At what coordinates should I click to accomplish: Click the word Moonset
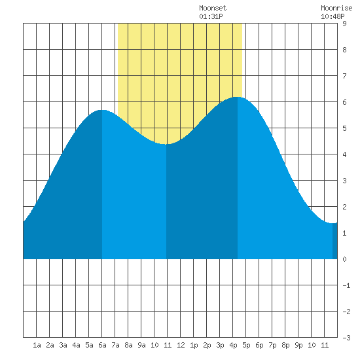pos(213,8)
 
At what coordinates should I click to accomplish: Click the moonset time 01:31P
pos(211,16)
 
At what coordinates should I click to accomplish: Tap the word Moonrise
pos(336,8)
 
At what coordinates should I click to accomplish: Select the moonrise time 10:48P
pos(333,16)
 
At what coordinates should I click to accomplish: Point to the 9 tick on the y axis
pos(344,24)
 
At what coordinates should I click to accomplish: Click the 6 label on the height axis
pos(344,102)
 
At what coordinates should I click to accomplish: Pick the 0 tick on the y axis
pos(344,259)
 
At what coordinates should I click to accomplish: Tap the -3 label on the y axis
pos(346,338)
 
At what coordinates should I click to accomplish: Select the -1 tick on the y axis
pos(346,285)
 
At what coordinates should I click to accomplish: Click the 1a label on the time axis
pos(37,345)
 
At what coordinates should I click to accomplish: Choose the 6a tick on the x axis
pos(102,345)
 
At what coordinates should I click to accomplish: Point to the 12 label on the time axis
pos(181,345)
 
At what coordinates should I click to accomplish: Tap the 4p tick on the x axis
pos(233,345)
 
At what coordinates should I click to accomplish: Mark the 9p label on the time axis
pos(298,345)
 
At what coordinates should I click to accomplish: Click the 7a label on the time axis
pos(115,345)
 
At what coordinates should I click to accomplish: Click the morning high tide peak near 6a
pos(102,110)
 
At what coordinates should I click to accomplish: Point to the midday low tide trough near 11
pos(166,144)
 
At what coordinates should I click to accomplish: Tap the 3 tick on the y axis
pos(344,181)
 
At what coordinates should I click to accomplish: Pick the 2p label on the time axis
pos(207,345)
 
